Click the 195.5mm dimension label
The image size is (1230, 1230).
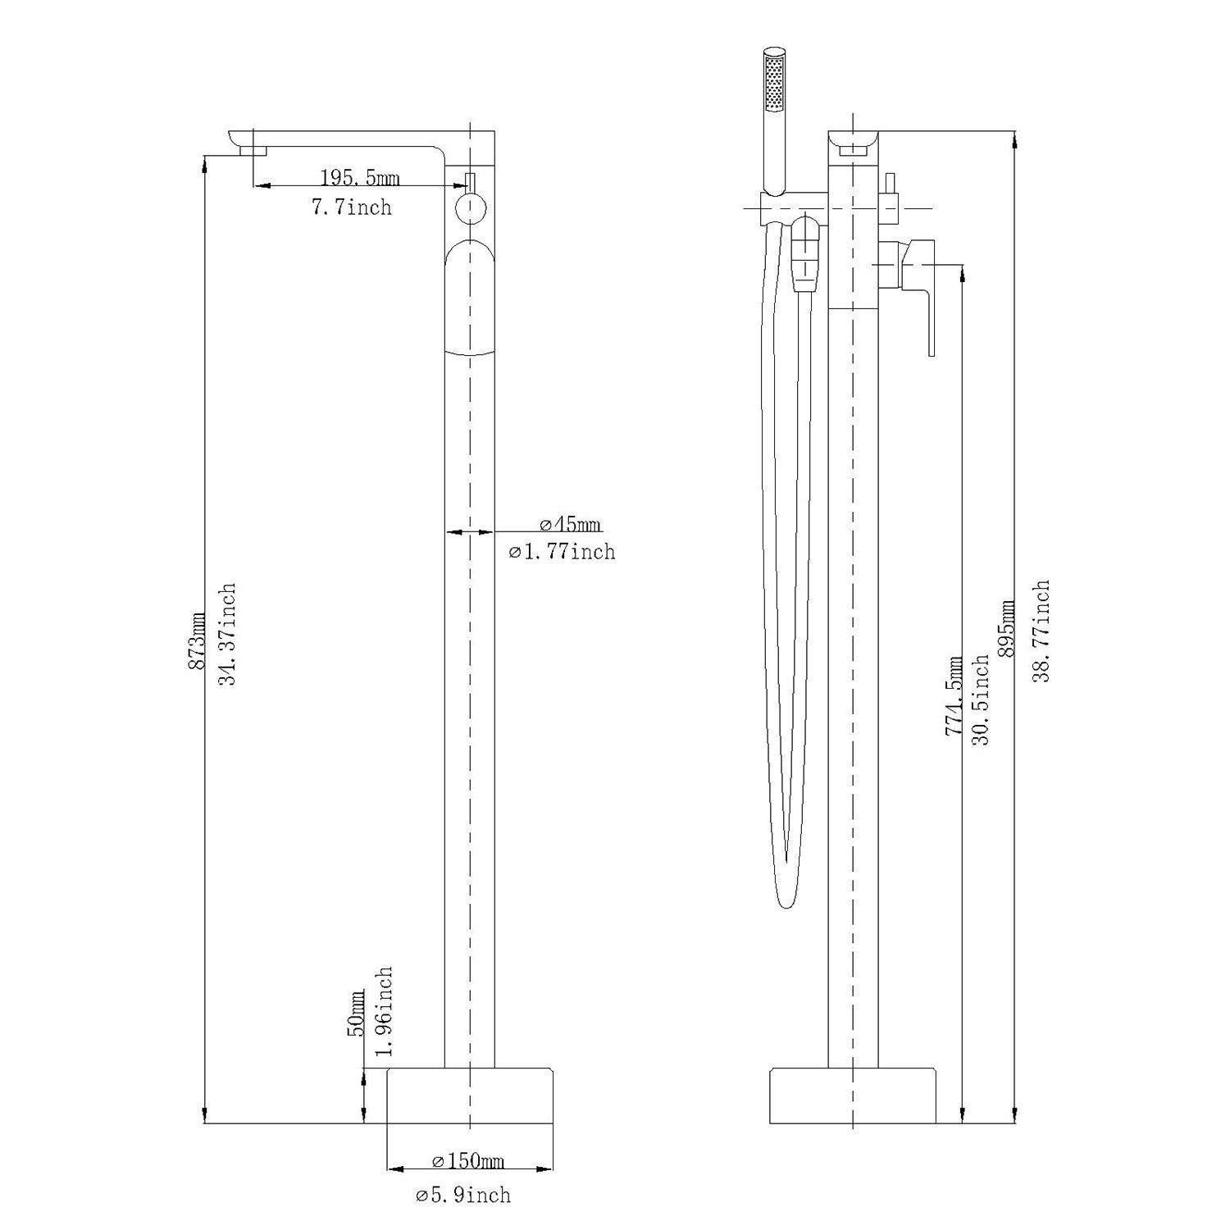coord(359,177)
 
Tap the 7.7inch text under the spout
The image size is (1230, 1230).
coord(351,207)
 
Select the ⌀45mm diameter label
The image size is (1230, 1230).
coord(570,524)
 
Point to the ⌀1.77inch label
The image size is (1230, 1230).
coord(562,552)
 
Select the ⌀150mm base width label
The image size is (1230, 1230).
coord(467,1161)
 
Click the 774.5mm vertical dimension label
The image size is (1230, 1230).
coord(954,695)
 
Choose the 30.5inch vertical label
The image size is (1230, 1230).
coord(981,699)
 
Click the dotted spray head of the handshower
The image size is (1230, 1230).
coord(774,82)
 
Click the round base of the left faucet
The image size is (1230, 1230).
coord(469,1096)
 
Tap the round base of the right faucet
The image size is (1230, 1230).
coord(853,1096)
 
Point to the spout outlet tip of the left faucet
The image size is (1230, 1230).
coord(253,149)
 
